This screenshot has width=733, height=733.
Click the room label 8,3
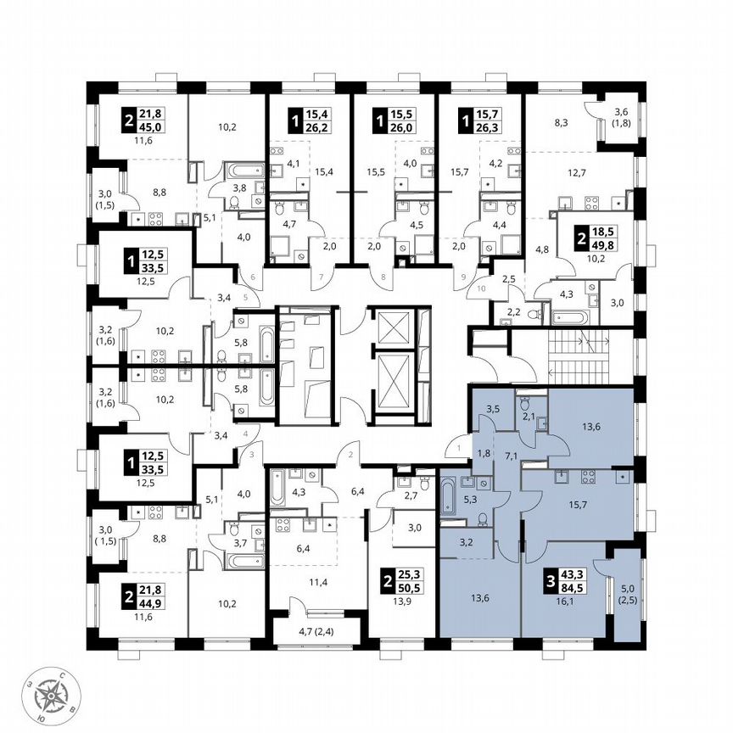561,123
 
